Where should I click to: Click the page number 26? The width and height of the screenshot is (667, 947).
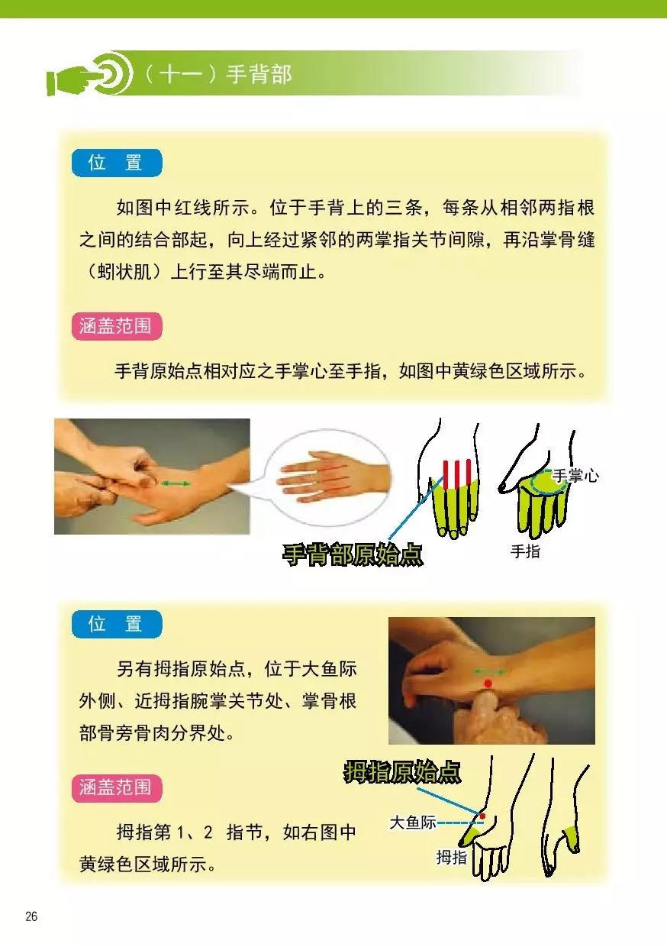pos(31,917)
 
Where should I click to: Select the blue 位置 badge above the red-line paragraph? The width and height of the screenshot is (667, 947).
pos(116,163)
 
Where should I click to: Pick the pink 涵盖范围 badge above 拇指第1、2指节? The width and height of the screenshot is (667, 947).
pos(116,787)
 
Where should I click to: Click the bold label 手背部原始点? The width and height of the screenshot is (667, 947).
pos(352,554)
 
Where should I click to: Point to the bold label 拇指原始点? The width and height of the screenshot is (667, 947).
pos(402,772)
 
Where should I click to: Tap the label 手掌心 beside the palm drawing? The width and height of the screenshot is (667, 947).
pos(575,476)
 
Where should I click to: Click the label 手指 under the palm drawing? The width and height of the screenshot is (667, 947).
pos(525,551)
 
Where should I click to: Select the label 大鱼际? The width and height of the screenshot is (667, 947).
pos(412,823)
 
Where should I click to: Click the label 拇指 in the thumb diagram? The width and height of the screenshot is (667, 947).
pos(451,857)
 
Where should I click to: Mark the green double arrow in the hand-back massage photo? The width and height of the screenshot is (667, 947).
pos(176,483)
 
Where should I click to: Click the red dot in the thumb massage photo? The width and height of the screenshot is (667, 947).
pos(488,682)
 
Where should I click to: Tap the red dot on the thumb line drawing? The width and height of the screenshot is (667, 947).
pos(482,816)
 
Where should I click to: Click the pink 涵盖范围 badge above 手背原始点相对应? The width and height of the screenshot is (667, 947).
pos(116,326)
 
